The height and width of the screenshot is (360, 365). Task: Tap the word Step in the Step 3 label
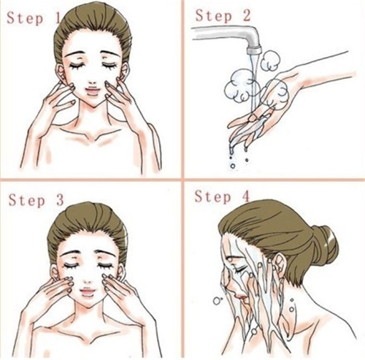point(27,200)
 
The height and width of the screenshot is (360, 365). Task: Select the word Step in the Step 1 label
point(25,18)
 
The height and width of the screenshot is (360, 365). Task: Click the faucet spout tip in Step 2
point(254,50)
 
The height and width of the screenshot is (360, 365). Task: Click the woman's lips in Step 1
point(93,91)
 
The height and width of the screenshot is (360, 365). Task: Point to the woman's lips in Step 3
point(87,291)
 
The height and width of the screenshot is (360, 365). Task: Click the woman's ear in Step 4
point(279,265)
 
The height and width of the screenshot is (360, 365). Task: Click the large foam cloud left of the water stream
point(239,86)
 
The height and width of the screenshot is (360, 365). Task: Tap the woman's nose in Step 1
point(93,82)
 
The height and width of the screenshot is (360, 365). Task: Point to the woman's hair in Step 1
point(93,27)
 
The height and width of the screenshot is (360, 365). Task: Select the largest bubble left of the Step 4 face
point(217,301)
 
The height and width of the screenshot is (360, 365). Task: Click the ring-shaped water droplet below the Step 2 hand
point(233,166)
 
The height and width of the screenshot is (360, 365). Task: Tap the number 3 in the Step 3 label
point(60,200)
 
